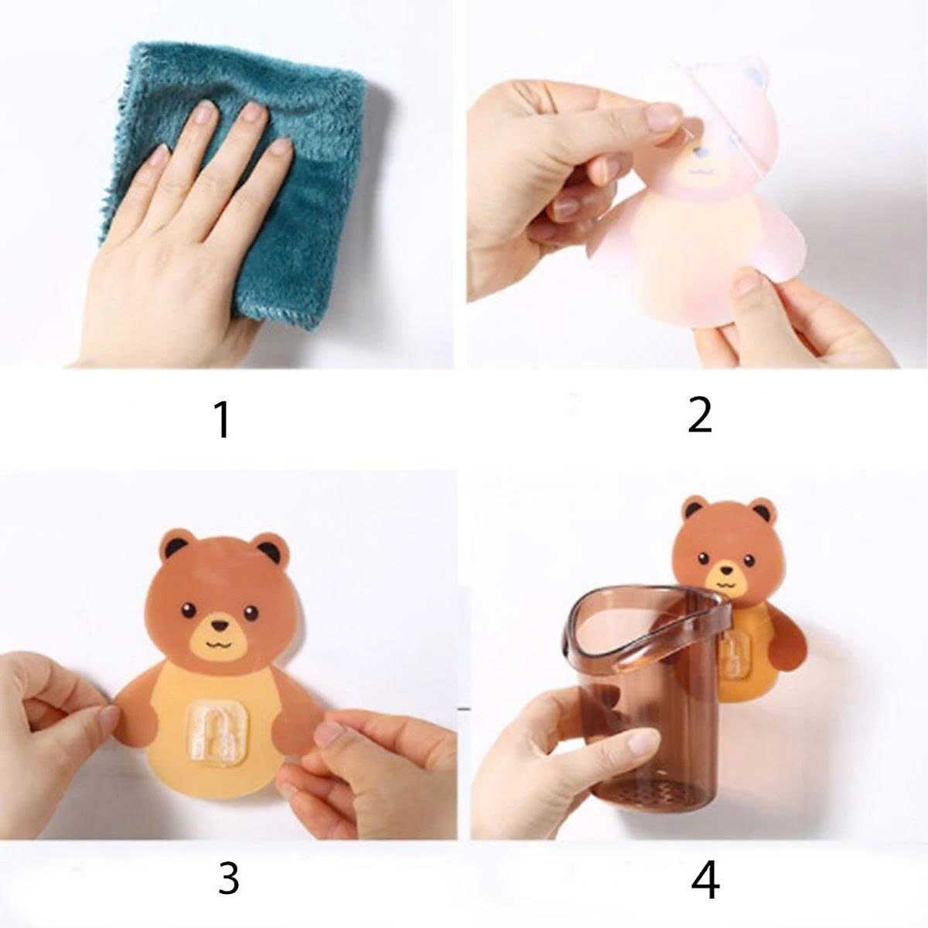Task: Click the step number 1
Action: pyautogui.click(x=222, y=419)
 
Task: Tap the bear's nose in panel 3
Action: pyautogui.click(x=221, y=623)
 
